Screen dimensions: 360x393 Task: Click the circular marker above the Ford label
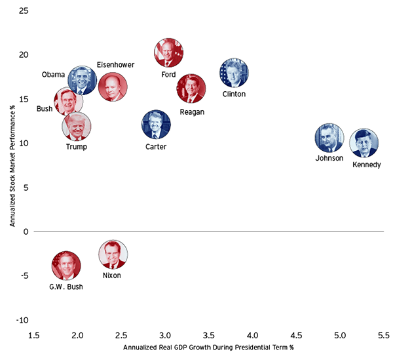(x=169, y=53)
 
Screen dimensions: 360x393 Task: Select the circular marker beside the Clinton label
(x=234, y=73)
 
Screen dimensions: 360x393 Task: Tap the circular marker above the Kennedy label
(x=363, y=143)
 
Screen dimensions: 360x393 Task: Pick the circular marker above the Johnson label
(x=329, y=138)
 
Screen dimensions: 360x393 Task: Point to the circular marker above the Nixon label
(x=113, y=254)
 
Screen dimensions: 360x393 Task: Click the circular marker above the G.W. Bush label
(x=66, y=266)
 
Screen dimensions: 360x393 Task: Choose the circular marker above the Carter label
(x=156, y=125)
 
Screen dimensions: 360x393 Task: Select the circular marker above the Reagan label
(x=191, y=89)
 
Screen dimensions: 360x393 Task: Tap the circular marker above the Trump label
(x=77, y=127)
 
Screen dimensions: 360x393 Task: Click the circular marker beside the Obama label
(x=83, y=81)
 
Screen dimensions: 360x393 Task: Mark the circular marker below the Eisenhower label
(x=113, y=87)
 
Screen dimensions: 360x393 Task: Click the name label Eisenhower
(x=116, y=64)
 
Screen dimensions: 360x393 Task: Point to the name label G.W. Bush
(x=67, y=287)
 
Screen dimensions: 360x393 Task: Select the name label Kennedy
(x=366, y=165)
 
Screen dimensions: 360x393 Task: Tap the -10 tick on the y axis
(x=21, y=320)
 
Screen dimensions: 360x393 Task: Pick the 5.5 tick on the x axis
(x=384, y=336)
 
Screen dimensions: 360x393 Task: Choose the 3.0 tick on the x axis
(x=165, y=336)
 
